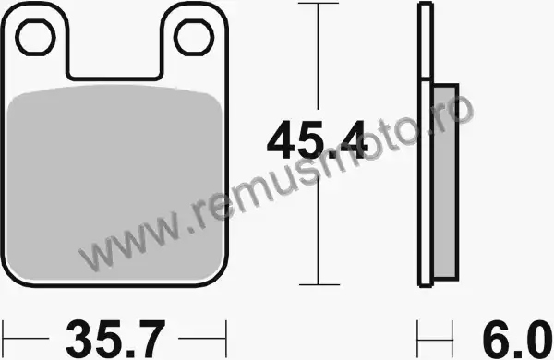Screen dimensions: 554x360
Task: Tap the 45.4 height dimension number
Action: pos(316,140)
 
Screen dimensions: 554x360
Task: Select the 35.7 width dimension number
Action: pos(115,339)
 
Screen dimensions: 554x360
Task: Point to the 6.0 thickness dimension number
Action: pos(516,339)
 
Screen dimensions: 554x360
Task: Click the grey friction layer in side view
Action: pos(445,181)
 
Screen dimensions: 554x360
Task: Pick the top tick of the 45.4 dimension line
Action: pos(319,3)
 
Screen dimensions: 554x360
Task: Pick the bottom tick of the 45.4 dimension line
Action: pos(319,284)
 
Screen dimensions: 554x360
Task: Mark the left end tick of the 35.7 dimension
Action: pos(3,338)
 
